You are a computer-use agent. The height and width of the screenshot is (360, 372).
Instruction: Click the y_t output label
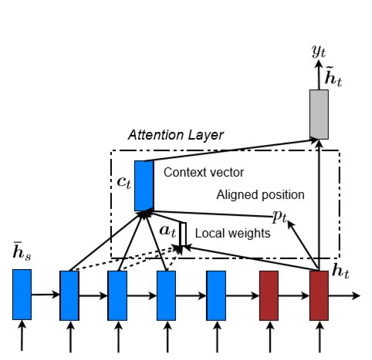(319, 52)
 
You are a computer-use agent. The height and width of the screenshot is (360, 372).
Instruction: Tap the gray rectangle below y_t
(319, 113)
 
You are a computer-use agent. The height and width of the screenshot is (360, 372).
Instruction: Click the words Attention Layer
(175, 135)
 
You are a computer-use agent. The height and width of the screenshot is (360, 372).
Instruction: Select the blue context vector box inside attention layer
(144, 186)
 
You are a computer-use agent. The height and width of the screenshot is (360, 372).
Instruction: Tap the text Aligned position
(260, 194)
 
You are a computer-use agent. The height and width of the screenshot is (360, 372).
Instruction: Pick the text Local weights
(232, 233)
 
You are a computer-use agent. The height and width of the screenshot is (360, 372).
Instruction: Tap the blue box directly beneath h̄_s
(22, 294)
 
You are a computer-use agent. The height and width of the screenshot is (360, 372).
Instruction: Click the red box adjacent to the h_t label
(319, 294)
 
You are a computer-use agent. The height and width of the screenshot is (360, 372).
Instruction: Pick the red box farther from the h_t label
(269, 294)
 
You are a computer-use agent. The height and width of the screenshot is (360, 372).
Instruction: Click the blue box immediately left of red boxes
(216, 294)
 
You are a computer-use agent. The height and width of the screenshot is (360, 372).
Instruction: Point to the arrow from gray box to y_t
(319, 76)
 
